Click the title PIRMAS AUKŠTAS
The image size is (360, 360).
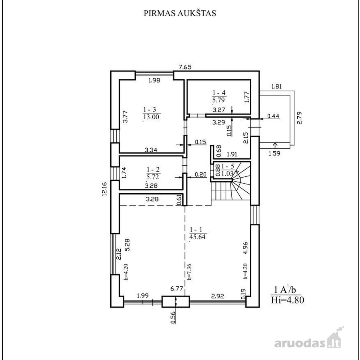point(180,13)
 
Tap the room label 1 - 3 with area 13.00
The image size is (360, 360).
point(151,113)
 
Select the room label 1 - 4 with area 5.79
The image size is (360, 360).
point(219,96)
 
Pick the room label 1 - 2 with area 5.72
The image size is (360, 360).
point(153,173)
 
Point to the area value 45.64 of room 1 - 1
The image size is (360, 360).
point(197,237)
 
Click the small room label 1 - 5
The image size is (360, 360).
point(228,166)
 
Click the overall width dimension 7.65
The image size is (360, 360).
point(185,67)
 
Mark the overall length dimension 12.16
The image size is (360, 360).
point(105,189)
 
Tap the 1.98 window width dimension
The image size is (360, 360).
point(154,80)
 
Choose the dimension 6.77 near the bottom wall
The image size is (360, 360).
point(176,289)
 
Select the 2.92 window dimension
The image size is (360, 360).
point(217,296)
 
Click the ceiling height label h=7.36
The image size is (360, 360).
point(189,272)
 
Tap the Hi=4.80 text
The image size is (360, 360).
point(287,300)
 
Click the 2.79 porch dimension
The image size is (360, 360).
point(299,118)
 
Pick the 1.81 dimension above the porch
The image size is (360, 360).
point(276,87)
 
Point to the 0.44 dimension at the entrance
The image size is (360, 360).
point(273,116)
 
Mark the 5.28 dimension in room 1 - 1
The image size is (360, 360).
point(127,245)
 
